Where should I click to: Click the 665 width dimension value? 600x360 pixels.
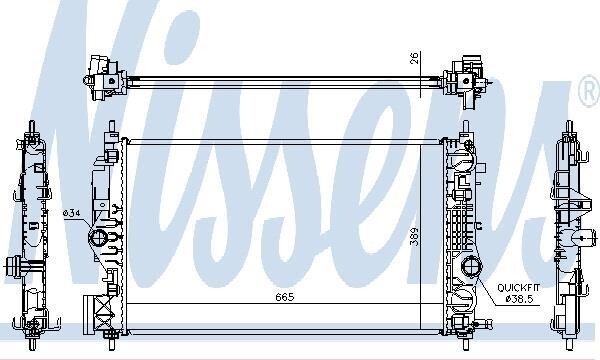coord(285,297)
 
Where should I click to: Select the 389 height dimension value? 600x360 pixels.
coord(414,236)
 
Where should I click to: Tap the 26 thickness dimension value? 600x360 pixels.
coord(415,58)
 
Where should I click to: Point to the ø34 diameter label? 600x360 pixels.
coord(72,213)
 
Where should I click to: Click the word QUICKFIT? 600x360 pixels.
coord(518,287)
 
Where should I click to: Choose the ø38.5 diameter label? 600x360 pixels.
coord(519,299)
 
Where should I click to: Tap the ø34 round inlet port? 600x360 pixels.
coord(98,238)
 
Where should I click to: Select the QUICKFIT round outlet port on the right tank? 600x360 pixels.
coord(471,267)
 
